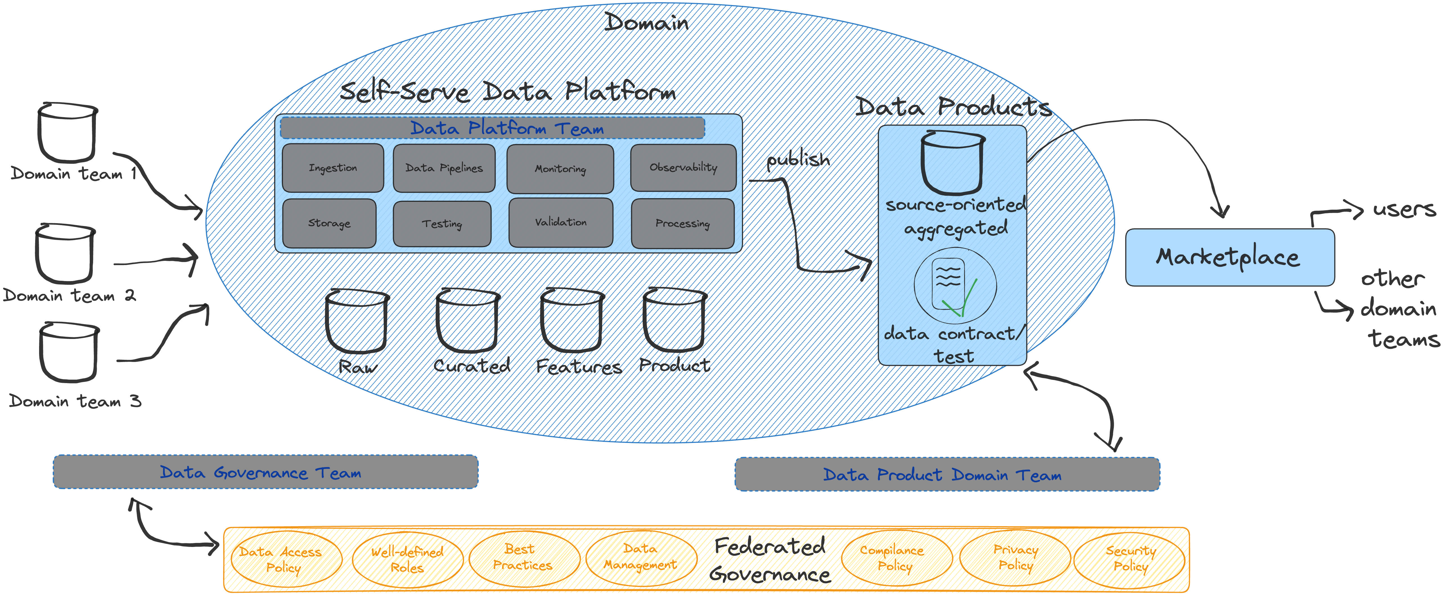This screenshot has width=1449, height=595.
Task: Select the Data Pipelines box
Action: click(x=444, y=168)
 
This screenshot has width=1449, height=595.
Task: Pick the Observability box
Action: click(x=683, y=168)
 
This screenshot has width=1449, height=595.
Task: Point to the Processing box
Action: click(x=682, y=223)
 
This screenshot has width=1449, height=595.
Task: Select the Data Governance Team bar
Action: click(x=265, y=472)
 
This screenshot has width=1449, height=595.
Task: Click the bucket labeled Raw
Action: click(x=357, y=321)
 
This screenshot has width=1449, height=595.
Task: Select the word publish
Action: click(x=798, y=160)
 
